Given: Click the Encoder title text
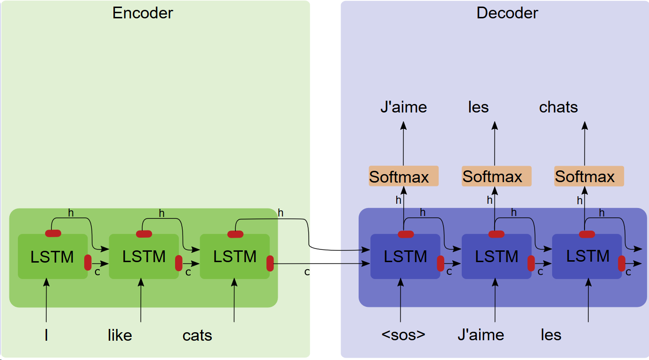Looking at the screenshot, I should [x=143, y=13].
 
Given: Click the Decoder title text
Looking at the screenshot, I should [x=507, y=13].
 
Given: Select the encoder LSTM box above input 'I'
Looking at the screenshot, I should [x=52, y=256].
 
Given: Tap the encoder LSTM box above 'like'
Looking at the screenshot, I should [x=144, y=256].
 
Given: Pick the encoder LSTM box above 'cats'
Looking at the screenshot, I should [x=234, y=256].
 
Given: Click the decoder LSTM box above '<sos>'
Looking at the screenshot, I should [x=405, y=256].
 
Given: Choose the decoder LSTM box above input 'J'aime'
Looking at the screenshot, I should [x=496, y=256].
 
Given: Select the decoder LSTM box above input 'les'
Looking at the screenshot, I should [x=587, y=256].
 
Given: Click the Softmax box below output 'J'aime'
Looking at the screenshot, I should [x=403, y=176].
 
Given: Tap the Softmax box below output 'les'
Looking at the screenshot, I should [x=496, y=176].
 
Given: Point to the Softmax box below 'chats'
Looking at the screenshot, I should [x=589, y=176].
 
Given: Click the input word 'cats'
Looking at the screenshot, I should [x=197, y=336].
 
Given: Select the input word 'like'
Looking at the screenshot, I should [x=120, y=336].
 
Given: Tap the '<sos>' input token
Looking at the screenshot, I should [x=403, y=335].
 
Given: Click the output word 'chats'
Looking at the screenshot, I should [x=558, y=107].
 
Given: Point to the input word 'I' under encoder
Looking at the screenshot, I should [x=46, y=336].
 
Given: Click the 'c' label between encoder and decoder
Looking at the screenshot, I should [x=307, y=272].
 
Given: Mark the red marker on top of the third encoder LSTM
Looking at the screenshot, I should [x=235, y=234].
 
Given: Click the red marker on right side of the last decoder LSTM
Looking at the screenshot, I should [x=621, y=264].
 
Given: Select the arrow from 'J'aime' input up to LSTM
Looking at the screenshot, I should [x=495, y=301].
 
